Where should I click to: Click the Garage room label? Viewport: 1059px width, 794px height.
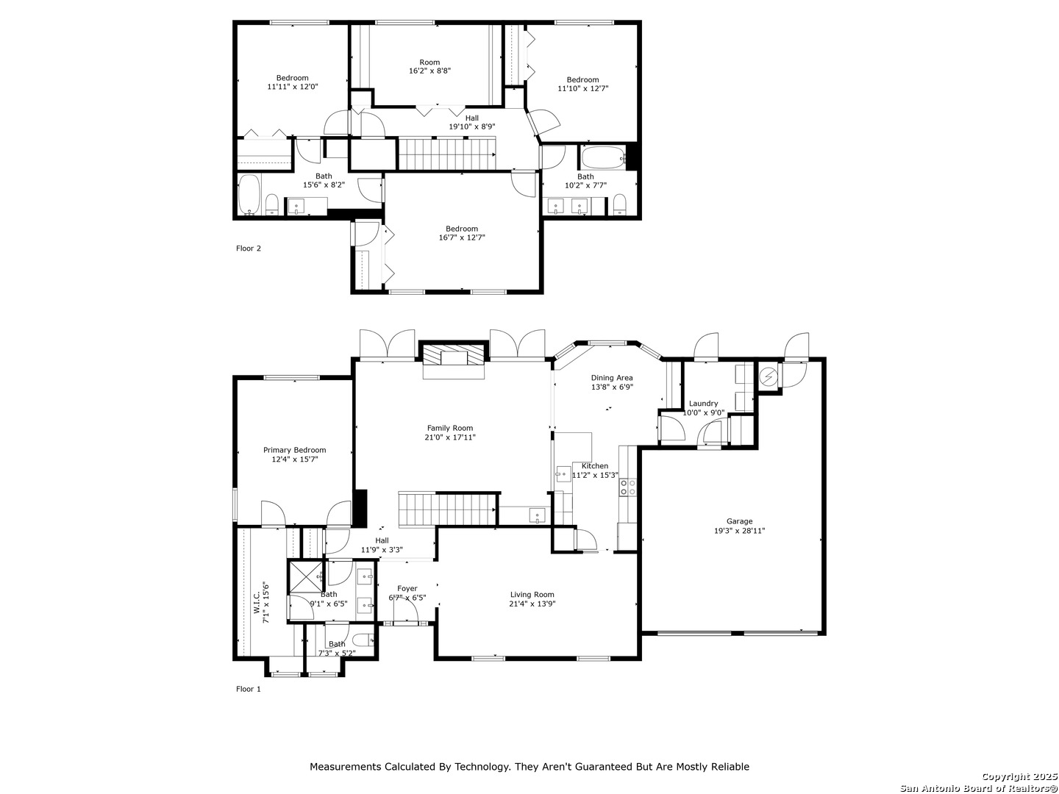[x=739, y=521]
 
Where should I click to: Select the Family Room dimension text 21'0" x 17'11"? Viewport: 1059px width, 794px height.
[x=450, y=437]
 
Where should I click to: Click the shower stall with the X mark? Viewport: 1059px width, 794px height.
[x=305, y=576]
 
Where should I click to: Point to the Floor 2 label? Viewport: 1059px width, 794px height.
[x=248, y=248]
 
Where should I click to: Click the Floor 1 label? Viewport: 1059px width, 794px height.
[x=248, y=689]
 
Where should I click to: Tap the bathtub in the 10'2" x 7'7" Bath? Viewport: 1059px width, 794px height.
[x=603, y=157]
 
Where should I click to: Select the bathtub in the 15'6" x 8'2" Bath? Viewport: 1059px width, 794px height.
[x=249, y=194]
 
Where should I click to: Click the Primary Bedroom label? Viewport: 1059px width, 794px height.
[x=294, y=450]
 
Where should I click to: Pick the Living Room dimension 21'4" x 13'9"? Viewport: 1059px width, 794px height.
[x=532, y=604]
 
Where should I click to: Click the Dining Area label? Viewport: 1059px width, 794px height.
[x=612, y=378]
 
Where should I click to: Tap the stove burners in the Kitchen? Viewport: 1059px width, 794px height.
[x=628, y=487]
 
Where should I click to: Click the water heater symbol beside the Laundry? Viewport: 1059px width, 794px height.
[x=768, y=376]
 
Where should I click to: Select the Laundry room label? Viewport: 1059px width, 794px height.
[x=703, y=404]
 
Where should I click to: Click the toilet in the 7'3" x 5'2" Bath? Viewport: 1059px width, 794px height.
[x=363, y=640]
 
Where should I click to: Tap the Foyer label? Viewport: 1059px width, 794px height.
[x=407, y=589]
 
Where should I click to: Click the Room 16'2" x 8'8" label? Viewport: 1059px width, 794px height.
[x=429, y=66]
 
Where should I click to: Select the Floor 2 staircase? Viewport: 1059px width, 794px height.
[x=446, y=154]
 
